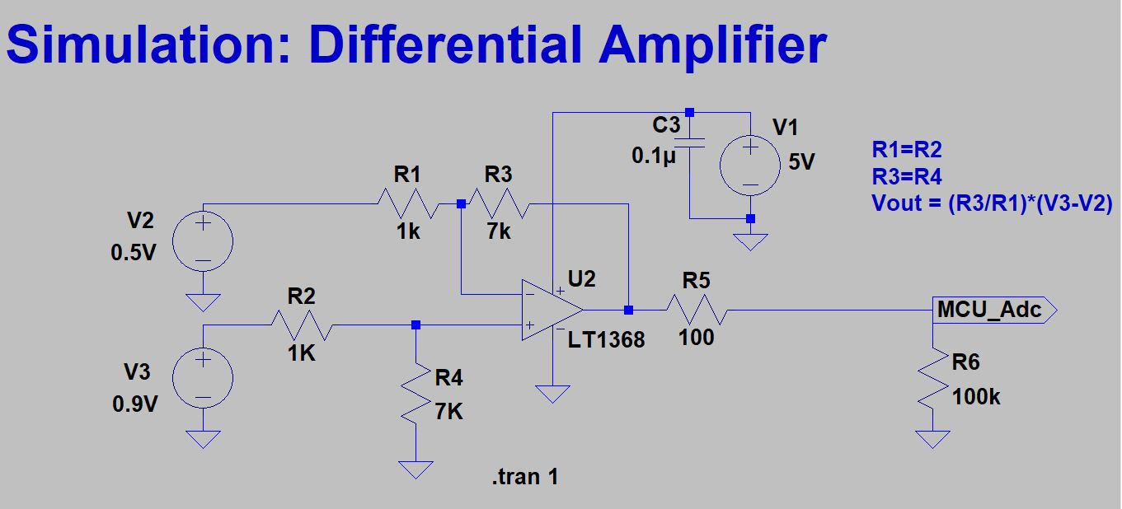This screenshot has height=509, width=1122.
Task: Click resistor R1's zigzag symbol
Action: [x=408, y=203]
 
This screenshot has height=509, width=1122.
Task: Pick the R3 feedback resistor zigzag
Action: [x=499, y=203]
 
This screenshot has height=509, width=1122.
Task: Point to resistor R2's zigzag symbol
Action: [x=302, y=325]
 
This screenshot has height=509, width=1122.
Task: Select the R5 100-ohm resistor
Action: [x=697, y=311]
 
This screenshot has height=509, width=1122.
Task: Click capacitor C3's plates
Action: [x=690, y=142]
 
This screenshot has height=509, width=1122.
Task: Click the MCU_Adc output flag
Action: [x=995, y=311]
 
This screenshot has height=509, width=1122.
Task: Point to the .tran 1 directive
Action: [x=525, y=477]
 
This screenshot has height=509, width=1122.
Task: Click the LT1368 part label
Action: [x=606, y=340]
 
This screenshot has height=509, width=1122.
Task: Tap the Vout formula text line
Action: [x=993, y=203]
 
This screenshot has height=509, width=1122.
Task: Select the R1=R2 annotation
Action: [x=907, y=150]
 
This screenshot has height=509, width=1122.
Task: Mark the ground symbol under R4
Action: [x=415, y=470]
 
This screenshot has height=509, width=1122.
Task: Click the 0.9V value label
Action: [x=135, y=404]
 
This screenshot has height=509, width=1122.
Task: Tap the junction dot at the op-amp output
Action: [x=629, y=311]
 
